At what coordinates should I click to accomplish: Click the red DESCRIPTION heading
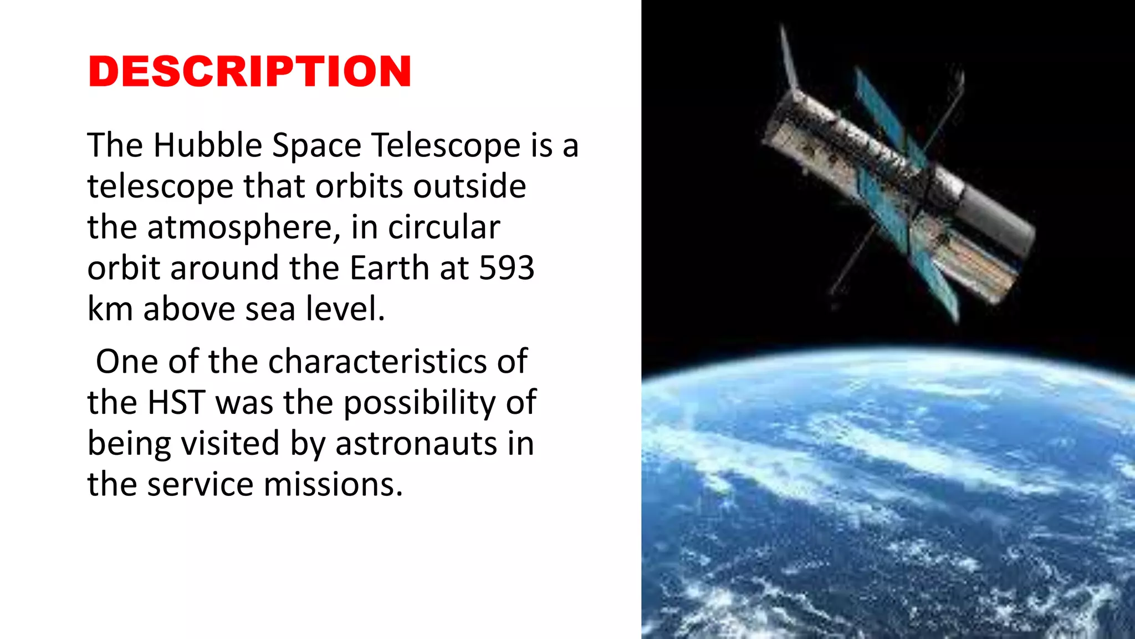(249, 72)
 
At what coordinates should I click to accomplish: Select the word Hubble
(207, 145)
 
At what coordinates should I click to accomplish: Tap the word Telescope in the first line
(446, 145)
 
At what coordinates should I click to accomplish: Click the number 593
(507, 268)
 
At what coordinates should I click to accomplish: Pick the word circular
(444, 227)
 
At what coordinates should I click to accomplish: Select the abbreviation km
(110, 309)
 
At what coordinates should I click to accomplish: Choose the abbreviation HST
(177, 403)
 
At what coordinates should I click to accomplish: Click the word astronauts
(416, 444)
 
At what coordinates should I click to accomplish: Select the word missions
(333, 484)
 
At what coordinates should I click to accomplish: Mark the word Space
(316, 146)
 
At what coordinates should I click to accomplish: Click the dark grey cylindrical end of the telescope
(998, 225)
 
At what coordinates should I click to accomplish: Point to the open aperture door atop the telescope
(789, 58)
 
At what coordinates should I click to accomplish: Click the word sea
(270, 309)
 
